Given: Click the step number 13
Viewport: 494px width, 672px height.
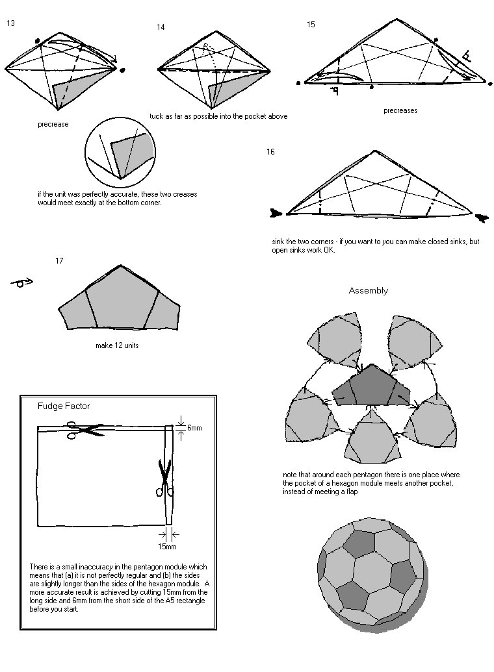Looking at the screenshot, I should [x=11, y=23].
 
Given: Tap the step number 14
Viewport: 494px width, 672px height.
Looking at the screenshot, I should [x=161, y=27].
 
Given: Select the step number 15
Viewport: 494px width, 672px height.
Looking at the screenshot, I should [x=311, y=24].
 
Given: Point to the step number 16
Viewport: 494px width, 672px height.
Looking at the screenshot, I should [x=270, y=152].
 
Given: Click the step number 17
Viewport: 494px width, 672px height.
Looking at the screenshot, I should [x=59, y=261].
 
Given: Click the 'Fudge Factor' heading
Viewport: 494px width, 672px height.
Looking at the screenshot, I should [x=64, y=406].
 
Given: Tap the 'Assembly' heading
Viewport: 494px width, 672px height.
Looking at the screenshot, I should [x=368, y=290].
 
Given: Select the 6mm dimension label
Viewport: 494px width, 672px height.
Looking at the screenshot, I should [x=194, y=429].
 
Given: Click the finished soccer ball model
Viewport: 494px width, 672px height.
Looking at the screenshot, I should [x=372, y=575].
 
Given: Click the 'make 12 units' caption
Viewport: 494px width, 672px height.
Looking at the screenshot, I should [x=117, y=345].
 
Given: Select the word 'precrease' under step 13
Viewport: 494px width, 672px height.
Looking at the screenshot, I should [x=53, y=125].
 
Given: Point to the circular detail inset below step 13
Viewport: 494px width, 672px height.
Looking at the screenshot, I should [x=120, y=153].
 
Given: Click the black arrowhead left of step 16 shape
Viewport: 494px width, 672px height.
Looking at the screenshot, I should [x=276, y=212].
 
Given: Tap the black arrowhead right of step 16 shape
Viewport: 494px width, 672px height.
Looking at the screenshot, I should [x=482, y=218].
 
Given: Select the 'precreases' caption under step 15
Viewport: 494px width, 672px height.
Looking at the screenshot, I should [x=400, y=110].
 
